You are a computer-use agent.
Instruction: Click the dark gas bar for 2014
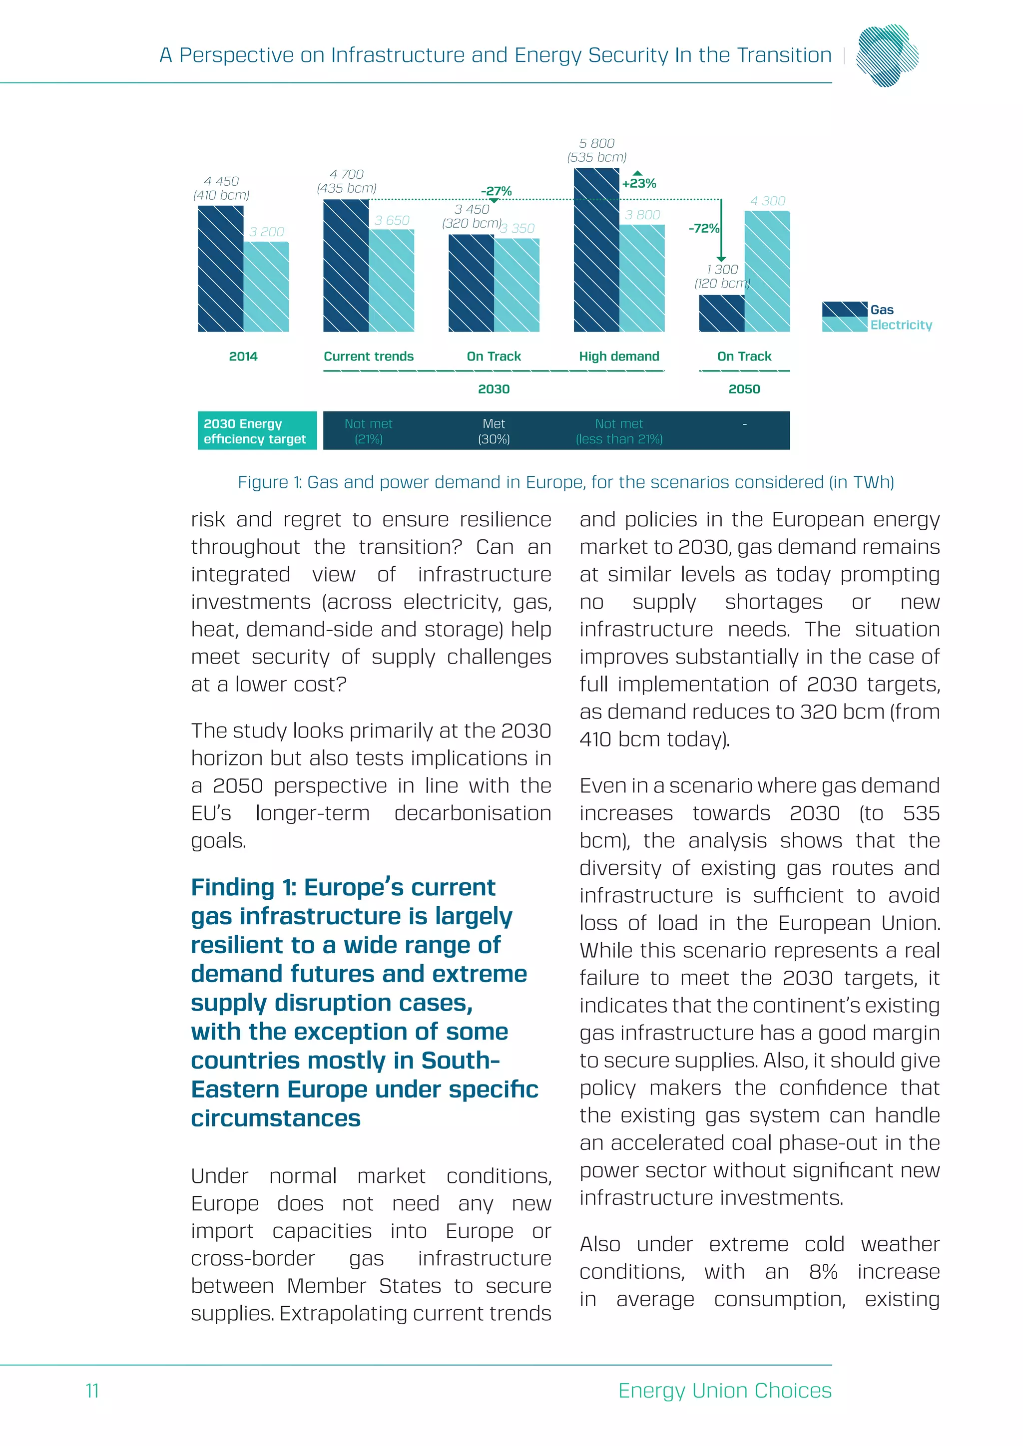(x=220, y=269)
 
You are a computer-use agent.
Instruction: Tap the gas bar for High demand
(x=596, y=250)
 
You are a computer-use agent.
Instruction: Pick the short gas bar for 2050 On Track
(x=721, y=313)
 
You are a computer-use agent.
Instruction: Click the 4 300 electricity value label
(x=767, y=201)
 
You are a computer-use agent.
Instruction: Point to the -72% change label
(x=704, y=228)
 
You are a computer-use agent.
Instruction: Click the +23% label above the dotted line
(x=639, y=183)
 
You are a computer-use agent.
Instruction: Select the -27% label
(x=496, y=191)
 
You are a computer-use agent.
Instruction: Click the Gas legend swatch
(x=844, y=309)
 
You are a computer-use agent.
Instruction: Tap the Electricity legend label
(x=901, y=325)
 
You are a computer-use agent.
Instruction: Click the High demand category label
(x=618, y=357)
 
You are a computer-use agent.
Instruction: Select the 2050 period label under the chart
(x=744, y=389)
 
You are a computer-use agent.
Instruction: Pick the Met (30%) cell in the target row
(x=494, y=431)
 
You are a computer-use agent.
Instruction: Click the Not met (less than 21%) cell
(x=618, y=431)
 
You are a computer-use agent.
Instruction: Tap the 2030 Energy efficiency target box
(x=256, y=431)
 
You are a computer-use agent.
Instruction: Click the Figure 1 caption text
(x=565, y=482)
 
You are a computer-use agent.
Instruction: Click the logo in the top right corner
(x=887, y=55)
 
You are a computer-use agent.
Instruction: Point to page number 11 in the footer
(x=92, y=1390)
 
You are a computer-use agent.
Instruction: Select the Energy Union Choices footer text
(x=724, y=1390)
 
